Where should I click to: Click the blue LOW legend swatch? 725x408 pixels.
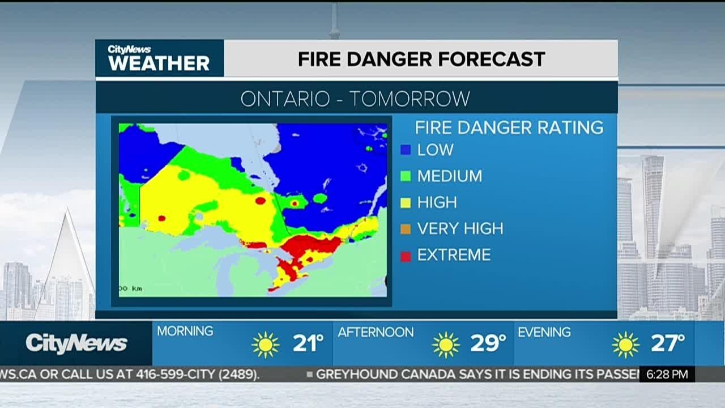click(x=405, y=150)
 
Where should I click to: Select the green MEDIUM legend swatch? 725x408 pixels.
click(x=405, y=176)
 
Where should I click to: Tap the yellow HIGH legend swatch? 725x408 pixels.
click(x=405, y=202)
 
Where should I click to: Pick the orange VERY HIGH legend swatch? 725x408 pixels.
click(x=405, y=229)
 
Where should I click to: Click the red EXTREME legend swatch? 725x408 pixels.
click(x=405, y=256)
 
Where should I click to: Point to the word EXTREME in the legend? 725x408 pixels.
click(x=454, y=255)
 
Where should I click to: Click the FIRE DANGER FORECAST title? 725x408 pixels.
click(x=421, y=59)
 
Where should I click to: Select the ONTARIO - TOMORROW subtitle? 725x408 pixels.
click(x=355, y=99)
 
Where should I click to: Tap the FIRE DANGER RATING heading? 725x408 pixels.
click(x=509, y=127)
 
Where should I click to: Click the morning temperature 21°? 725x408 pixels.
click(x=308, y=343)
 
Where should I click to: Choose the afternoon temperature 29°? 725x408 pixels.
click(x=488, y=343)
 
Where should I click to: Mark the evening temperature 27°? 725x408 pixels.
click(x=667, y=343)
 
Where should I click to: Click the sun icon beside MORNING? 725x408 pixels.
click(x=266, y=345)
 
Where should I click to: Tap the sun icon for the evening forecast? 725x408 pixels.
click(x=625, y=345)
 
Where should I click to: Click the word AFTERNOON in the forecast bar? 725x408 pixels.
click(x=376, y=332)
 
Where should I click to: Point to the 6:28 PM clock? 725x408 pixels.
click(x=667, y=374)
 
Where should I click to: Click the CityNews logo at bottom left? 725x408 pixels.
click(x=76, y=343)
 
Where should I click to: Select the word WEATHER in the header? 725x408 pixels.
click(x=159, y=63)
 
